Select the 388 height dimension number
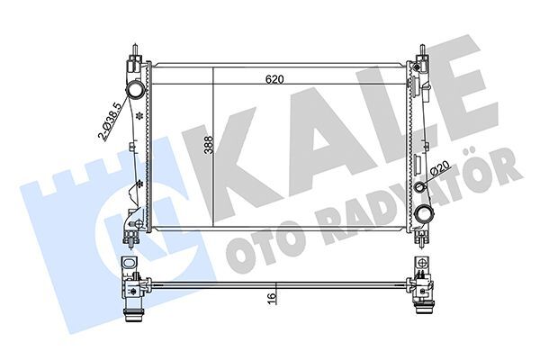[207, 147]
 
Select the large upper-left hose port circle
[134, 91]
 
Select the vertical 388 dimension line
[212, 180]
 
